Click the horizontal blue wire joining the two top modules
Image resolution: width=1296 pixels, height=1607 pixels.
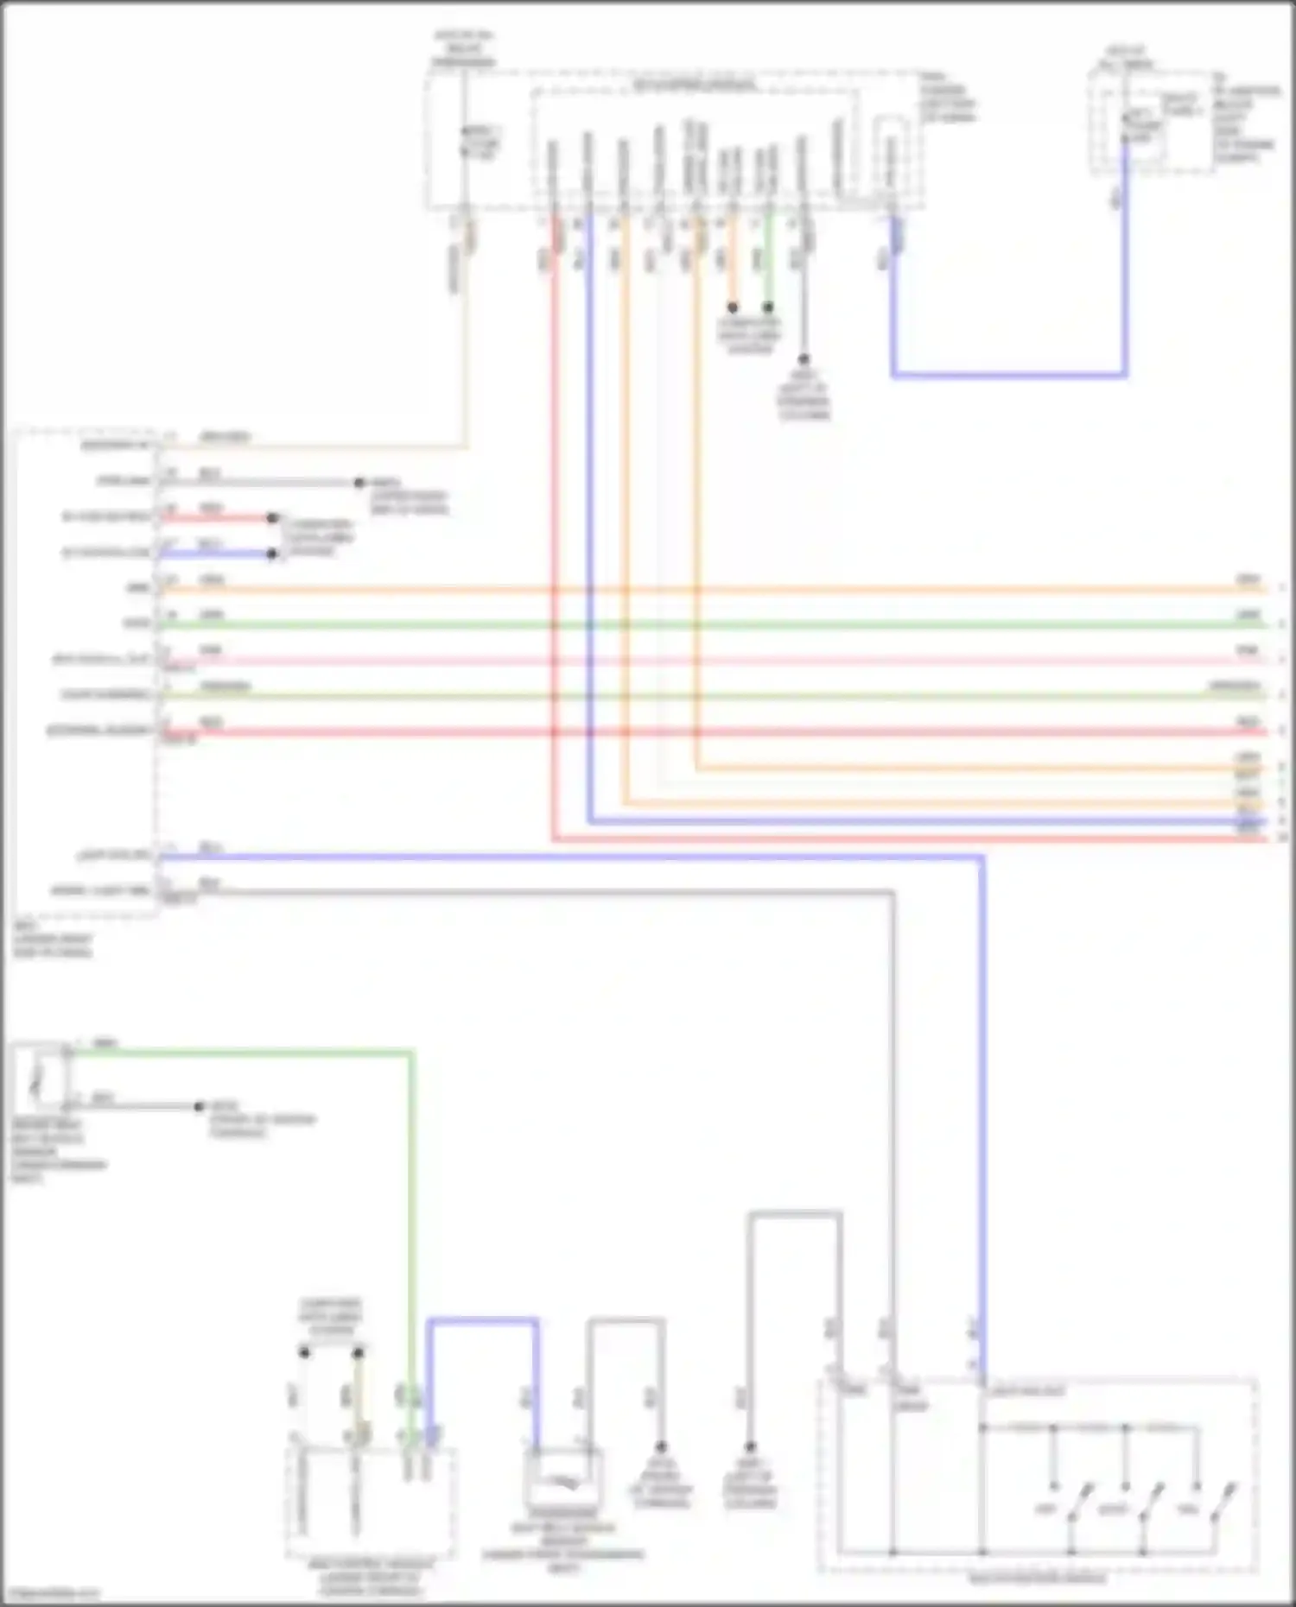[1009, 376]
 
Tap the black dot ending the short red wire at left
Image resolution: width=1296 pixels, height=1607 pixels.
[272, 518]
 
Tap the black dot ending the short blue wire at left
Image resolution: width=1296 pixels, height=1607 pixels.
[272, 554]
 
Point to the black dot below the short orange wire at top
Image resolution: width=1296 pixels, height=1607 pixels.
[733, 307]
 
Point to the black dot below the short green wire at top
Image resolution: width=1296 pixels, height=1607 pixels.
[768, 307]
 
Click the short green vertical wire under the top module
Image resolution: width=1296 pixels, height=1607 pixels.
[768, 259]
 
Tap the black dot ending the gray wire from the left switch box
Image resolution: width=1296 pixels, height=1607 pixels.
[199, 1106]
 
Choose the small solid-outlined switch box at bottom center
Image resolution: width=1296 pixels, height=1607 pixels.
[562, 1479]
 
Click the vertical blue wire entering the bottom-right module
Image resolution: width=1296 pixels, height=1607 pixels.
[982, 1123]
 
